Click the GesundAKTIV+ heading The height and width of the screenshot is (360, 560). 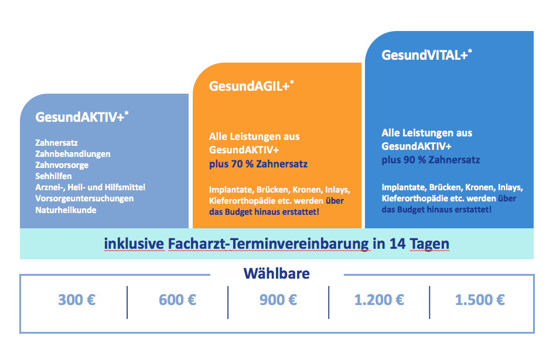click(82, 117)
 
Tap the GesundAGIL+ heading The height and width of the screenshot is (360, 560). click(251, 86)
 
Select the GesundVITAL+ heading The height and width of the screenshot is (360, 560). click(427, 55)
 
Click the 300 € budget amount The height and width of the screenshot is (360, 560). click(77, 300)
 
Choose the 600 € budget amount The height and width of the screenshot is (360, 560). click(177, 300)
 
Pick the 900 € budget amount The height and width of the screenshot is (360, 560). click(278, 300)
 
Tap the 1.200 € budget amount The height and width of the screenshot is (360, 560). click(379, 300)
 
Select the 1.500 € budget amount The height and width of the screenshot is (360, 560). click(480, 300)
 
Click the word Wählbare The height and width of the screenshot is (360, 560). click(276, 273)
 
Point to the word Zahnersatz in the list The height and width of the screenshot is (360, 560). click(56, 143)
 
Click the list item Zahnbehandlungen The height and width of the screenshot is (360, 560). click(73, 154)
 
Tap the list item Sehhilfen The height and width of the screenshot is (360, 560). click(53, 176)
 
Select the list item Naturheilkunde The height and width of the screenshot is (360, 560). click(66, 210)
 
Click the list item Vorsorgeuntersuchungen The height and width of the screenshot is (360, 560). click(84, 198)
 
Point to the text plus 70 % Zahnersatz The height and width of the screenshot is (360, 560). click(258, 164)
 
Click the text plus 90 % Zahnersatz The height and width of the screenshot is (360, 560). click(431, 160)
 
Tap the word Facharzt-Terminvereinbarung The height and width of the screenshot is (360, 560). click(268, 244)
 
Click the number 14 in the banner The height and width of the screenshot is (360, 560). click(398, 244)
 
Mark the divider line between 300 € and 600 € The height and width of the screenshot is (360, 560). click(127, 302)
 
